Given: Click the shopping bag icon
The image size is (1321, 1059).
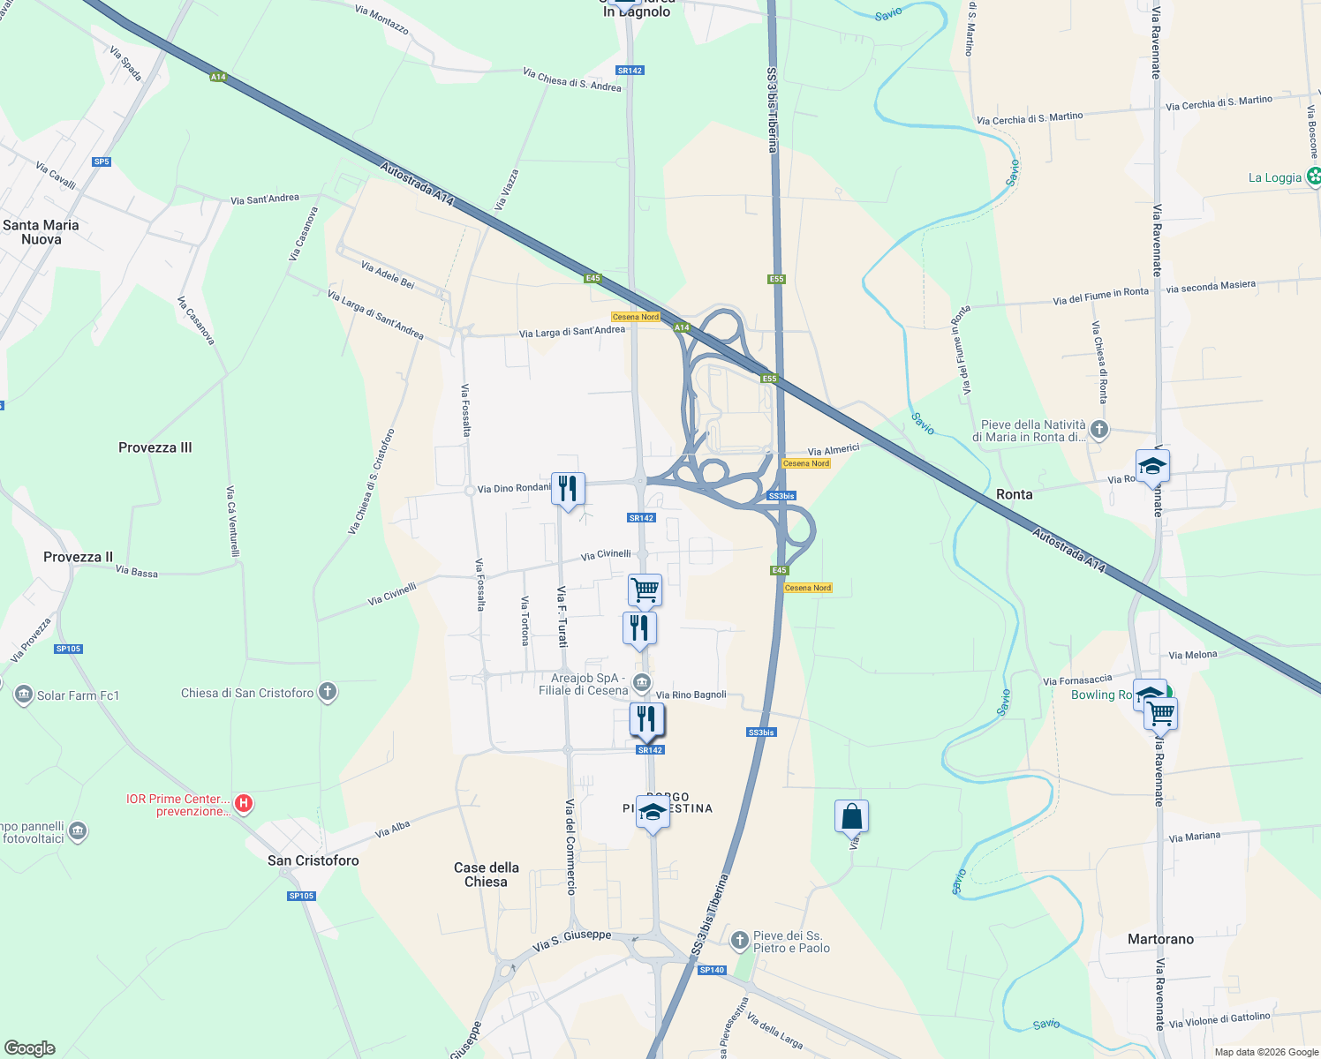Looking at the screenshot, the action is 851,816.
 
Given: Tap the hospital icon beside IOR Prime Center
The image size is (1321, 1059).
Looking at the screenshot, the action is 245,804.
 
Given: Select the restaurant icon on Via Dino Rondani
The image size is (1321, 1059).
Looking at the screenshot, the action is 568,488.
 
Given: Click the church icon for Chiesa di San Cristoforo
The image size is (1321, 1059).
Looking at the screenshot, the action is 328,692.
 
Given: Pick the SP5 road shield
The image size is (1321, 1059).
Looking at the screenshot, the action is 102,161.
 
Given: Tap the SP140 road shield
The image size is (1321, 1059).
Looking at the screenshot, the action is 712,970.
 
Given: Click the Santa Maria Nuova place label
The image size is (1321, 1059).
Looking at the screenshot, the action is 41,232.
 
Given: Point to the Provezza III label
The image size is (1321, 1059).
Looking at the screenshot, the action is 155,447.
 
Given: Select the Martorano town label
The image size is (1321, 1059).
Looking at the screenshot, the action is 1160,939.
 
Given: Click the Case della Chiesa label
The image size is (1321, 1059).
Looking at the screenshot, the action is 487,875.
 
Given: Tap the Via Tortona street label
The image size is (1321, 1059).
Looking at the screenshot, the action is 525,620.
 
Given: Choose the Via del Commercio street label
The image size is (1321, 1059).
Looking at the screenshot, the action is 570,847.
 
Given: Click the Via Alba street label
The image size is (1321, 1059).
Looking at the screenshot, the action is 393,830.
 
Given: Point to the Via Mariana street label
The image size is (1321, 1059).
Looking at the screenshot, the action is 1194,837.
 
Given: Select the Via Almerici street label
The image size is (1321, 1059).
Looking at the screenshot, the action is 834,450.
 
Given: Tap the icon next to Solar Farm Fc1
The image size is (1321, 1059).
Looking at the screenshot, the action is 24,695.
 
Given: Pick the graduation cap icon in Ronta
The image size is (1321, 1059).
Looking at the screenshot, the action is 1152,465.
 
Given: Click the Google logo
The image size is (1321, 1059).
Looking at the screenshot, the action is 30,1048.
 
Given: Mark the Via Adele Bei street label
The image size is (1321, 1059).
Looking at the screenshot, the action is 388,274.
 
